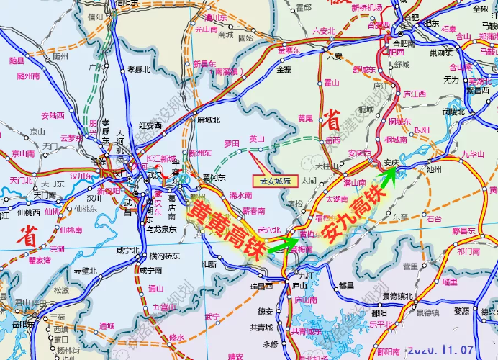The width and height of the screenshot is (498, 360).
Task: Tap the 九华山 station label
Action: click(x=474, y=153)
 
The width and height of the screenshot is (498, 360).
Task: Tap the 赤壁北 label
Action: click(x=85, y=271)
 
